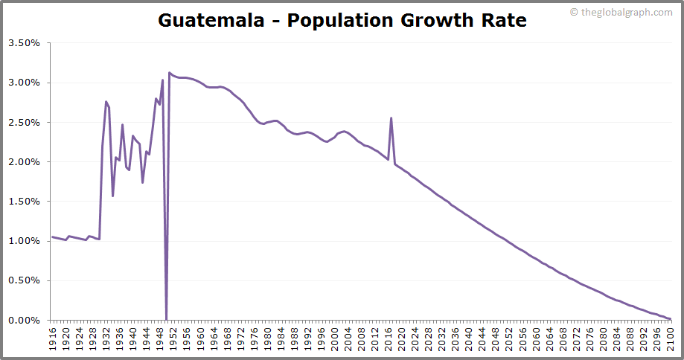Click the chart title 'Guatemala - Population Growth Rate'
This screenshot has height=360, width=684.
tap(342, 20)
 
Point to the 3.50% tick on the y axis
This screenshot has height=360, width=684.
tap(24, 43)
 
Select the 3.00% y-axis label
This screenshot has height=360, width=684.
tap(24, 83)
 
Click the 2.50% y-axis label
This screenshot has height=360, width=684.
tap(24, 122)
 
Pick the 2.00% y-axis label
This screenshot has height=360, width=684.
tap(24, 162)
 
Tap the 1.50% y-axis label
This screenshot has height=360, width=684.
tap(24, 202)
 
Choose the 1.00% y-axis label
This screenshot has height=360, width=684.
tap(24, 241)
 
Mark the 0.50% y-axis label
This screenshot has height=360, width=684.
tap(24, 280)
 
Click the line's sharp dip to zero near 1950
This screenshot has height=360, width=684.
tap(166, 319)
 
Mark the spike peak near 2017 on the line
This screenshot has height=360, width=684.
tap(391, 118)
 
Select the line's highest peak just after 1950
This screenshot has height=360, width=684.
tap(170, 73)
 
